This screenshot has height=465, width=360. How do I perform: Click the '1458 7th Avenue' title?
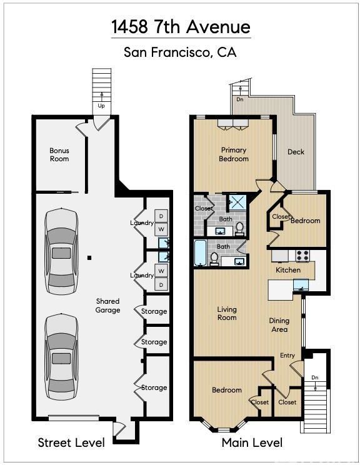(181, 27)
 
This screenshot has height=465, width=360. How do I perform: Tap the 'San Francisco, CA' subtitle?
(180, 52)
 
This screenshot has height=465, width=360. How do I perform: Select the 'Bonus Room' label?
(59, 154)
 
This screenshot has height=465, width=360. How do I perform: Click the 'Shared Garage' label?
(107, 306)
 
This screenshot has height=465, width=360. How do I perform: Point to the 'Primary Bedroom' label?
(234, 154)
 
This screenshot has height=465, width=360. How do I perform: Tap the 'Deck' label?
(296, 152)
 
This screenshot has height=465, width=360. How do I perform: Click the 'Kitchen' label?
(288, 270)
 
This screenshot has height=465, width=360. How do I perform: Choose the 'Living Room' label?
(227, 314)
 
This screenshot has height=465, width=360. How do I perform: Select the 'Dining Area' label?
(279, 325)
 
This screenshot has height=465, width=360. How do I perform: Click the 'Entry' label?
(287, 355)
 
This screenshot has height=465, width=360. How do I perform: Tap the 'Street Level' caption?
(71, 442)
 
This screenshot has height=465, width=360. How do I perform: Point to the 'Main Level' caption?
(252, 442)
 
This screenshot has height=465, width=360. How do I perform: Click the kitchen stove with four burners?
(302, 256)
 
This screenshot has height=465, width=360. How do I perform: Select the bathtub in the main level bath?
(200, 253)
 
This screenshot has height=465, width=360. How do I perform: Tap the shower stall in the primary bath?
(237, 202)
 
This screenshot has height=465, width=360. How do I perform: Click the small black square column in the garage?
(89, 258)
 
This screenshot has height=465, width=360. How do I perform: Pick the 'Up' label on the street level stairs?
(101, 106)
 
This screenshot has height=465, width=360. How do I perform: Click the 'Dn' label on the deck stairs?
(239, 99)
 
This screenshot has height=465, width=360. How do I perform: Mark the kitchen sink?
(301, 285)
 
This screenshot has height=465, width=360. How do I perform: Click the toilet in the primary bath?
(239, 229)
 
